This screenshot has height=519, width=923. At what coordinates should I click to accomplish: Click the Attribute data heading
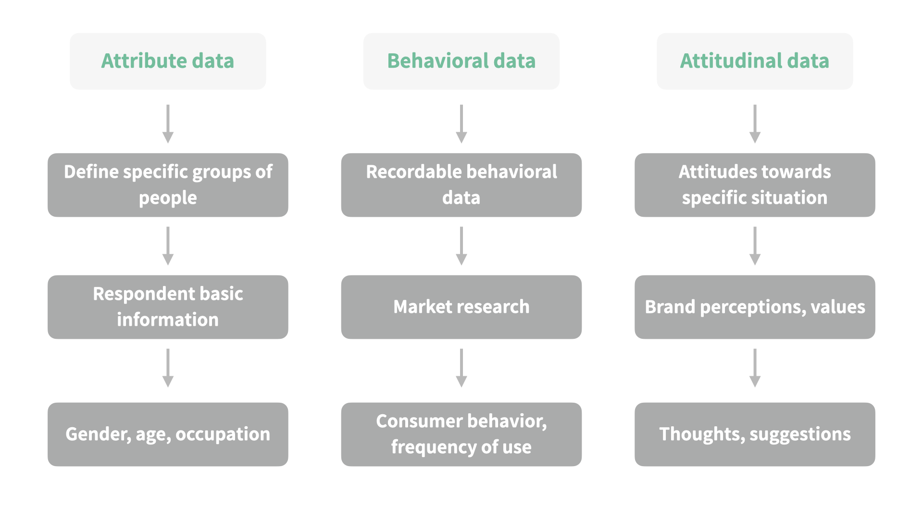(x=168, y=61)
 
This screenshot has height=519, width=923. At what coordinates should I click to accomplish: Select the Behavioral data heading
(x=461, y=61)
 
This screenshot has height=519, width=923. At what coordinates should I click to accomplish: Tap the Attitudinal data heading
(x=755, y=61)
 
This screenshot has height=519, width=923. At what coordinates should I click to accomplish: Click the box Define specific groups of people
(x=168, y=185)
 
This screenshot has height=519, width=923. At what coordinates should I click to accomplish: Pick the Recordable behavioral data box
(x=461, y=185)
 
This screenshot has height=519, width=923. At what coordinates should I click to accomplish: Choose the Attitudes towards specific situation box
(x=755, y=185)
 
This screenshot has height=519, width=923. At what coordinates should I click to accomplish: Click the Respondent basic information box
(x=168, y=307)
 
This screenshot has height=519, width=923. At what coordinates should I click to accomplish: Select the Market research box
(x=461, y=307)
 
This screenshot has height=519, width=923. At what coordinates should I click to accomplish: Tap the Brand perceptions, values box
(x=755, y=307)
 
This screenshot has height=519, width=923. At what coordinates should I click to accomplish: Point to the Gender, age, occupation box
(x=168, y=434)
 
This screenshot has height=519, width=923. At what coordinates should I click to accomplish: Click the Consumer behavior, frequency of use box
(x=461, y=434)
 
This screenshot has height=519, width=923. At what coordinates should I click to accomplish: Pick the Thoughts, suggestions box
(x=755, y=434)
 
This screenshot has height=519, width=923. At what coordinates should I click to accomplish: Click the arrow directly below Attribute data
(x=168, y=124)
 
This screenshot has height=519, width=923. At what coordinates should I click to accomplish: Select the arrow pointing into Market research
(x=461, y=246)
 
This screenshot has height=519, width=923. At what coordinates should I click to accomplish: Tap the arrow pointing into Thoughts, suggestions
(x=755, y=368)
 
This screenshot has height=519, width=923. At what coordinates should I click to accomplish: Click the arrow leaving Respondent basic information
(x=168, y=368)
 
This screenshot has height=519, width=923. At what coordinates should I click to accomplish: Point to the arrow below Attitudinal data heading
(x=755, y=124)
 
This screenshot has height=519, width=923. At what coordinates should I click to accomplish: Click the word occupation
(x=223, y=434)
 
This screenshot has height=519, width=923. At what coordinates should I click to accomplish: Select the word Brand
(x=670, y=307)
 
